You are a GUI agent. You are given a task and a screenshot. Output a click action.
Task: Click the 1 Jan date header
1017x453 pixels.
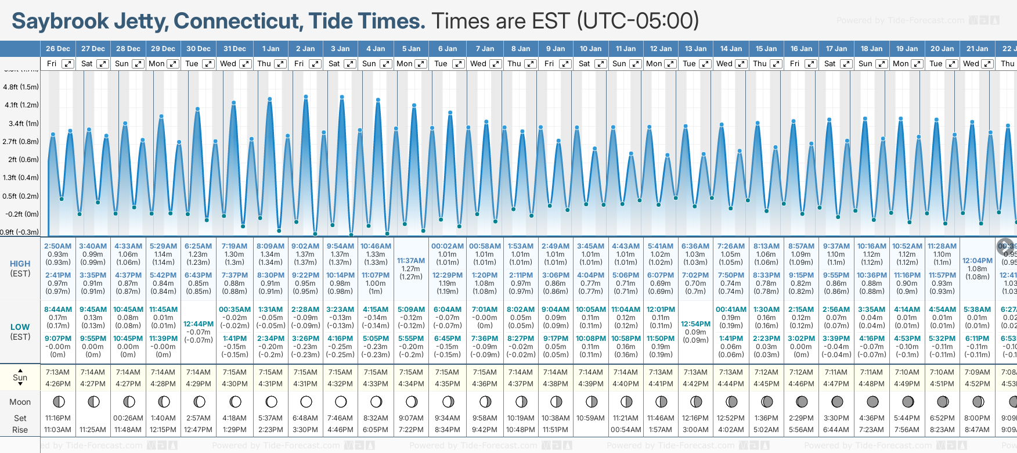[270, 49]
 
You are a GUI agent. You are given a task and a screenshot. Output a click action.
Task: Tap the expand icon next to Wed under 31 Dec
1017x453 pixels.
[246, 64]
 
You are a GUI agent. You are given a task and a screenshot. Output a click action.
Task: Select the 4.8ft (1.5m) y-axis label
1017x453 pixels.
[21, 87]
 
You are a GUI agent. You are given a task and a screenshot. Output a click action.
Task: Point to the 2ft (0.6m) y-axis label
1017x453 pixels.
[21, 159]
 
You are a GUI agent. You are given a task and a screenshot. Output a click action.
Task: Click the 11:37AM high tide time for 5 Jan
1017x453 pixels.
[411, 261]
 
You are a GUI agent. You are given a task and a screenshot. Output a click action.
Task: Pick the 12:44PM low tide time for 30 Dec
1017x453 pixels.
[199, 323]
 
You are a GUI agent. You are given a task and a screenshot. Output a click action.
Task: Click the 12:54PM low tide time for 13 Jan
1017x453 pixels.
[695, 323]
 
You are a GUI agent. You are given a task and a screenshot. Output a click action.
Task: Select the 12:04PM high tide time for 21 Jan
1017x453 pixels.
[978, 261]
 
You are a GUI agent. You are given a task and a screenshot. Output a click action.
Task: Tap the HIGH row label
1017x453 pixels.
[20, 264]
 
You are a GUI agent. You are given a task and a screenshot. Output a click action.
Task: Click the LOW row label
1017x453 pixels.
[20, 327]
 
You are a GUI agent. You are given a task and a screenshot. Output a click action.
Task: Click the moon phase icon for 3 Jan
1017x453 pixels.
[341, 401]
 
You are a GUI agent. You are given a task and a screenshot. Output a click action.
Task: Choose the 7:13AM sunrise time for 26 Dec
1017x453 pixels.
[57, 372]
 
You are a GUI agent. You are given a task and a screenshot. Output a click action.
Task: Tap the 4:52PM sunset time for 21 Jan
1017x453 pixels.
[978, 383]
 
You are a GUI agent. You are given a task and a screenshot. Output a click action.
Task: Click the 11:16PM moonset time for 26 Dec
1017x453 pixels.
[57, 418]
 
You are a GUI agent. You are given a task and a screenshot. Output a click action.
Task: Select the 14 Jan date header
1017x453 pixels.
[731, 49]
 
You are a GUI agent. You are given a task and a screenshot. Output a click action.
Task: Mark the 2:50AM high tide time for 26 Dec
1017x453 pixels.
[57, 246]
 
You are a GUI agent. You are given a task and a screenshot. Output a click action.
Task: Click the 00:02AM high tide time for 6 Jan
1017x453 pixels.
[448, 246]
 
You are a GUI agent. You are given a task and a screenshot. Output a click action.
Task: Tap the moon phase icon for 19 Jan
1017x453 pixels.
[908, 401]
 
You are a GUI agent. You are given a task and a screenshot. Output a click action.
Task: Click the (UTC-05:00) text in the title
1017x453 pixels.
[638, 21]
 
